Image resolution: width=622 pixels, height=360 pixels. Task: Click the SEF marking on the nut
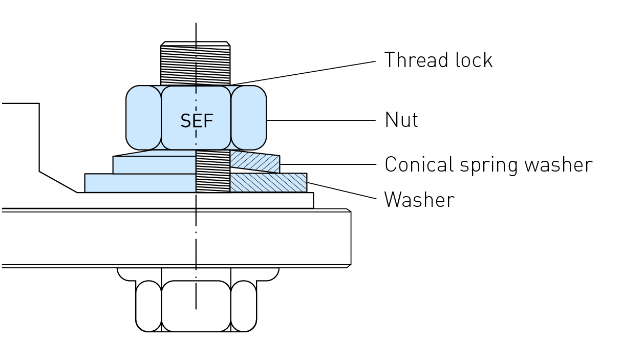click(x=197, y=121)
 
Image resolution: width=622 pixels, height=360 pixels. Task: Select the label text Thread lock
click(x=438, y=60)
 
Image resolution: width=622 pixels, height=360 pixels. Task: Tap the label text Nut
click(x=401, y=120)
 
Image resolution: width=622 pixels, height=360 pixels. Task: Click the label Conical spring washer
click(x=488, y=164)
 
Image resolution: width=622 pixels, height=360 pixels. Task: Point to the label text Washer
click(x=419, y=200)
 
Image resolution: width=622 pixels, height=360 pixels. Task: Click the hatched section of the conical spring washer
click(x=255, y=162)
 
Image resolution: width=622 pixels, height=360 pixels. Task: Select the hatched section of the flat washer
click(x=268, y=183)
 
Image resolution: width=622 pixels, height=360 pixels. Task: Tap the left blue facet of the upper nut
click(x=144, y=118)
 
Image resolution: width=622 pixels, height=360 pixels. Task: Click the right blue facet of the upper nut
click(x=249, y=118)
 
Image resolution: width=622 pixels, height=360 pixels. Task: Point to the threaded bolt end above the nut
click(x=196, y=64)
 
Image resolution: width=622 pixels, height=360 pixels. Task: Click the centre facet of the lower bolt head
click(x=196, y=306)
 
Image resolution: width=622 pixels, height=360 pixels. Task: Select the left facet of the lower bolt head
click(x=148, y=306)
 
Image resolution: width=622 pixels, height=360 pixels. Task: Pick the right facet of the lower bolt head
click(x=244, y=306)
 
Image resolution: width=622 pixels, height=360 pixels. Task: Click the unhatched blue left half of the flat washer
click(x=140, y=183)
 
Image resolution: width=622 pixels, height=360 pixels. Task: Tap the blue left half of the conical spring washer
click(x=154, y=164)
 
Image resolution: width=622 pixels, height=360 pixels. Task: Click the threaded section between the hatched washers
click(x=213, y=172)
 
